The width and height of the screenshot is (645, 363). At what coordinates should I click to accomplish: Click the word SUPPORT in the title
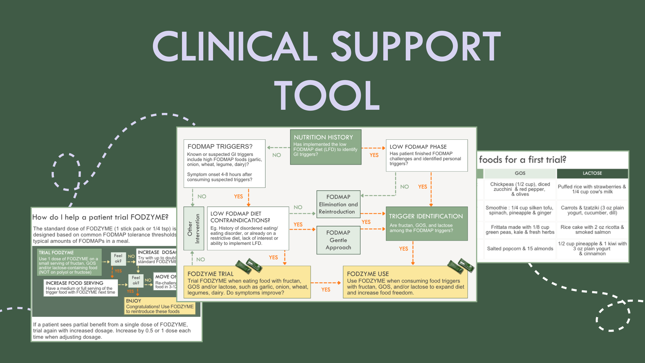[416, 47]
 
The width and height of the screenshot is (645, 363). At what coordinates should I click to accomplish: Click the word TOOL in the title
[327, 96]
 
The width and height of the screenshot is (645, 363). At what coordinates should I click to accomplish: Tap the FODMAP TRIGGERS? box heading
[220, 146]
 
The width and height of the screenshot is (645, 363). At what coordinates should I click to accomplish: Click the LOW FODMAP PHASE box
[426, 156]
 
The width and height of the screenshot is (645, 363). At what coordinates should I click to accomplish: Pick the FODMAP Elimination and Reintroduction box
[338, 204]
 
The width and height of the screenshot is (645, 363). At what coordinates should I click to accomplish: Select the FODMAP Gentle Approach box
[338, 240]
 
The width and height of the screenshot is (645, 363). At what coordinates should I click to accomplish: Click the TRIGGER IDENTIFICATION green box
[426, 224]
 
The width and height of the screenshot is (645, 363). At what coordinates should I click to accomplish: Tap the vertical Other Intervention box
[193, 228]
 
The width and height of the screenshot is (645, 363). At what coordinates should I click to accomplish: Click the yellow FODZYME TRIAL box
[247, 282]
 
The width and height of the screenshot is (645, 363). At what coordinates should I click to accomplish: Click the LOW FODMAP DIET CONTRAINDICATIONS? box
[248, 228]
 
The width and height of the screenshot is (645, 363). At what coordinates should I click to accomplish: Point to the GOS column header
[520, 173]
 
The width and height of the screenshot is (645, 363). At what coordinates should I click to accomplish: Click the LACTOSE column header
[592, 173]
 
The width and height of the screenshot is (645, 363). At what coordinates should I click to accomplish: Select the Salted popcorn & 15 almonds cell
[520, 248]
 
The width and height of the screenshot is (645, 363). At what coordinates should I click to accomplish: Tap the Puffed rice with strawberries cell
[592, 189]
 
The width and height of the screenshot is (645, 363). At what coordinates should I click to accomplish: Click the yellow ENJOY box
[160, 306]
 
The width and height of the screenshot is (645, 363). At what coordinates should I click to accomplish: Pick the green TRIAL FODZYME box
[69, 262]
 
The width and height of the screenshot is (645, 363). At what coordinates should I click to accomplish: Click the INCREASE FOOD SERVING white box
[81, 287]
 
